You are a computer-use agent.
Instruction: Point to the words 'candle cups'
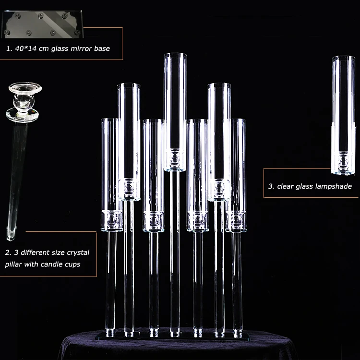pos(65,264)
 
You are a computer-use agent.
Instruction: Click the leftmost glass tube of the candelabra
pos(111,168)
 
